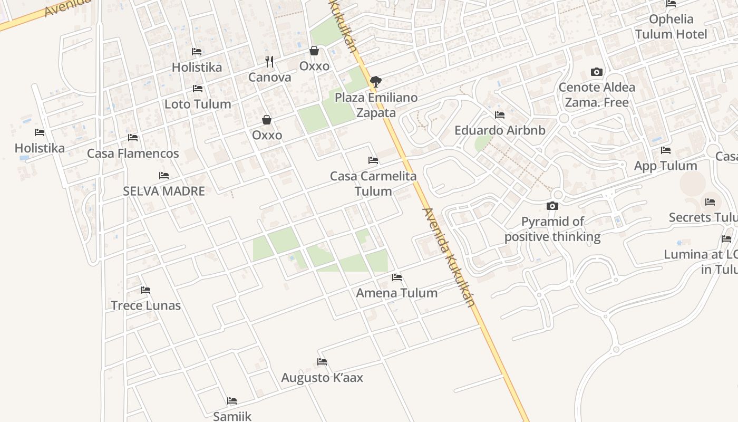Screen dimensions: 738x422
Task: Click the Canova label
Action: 269,77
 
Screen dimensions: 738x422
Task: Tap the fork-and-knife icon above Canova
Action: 269,62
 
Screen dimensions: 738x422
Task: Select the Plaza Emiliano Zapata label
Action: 376,105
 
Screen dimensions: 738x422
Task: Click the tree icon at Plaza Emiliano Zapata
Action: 375,82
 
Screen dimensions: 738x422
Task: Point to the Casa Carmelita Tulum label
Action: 373,183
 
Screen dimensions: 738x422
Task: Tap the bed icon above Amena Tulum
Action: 397,277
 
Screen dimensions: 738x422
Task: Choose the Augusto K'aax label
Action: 322,378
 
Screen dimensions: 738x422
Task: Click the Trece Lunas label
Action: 145,305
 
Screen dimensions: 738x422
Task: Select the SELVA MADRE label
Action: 164,191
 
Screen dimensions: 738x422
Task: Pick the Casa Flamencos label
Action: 133,154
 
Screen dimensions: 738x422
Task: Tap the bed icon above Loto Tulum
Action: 198,89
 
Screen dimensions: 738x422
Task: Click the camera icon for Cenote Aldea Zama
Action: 597,72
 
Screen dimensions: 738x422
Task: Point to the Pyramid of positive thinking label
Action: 552,229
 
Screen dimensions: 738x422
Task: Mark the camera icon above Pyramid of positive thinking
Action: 552,206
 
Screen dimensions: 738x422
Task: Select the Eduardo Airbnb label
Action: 500,130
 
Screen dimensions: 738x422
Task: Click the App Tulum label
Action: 665,166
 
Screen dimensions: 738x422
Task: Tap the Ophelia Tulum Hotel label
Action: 671,27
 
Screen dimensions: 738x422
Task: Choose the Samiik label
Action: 232,416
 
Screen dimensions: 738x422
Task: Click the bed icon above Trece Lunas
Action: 145,290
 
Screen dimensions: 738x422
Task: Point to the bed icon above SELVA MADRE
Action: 164,176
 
